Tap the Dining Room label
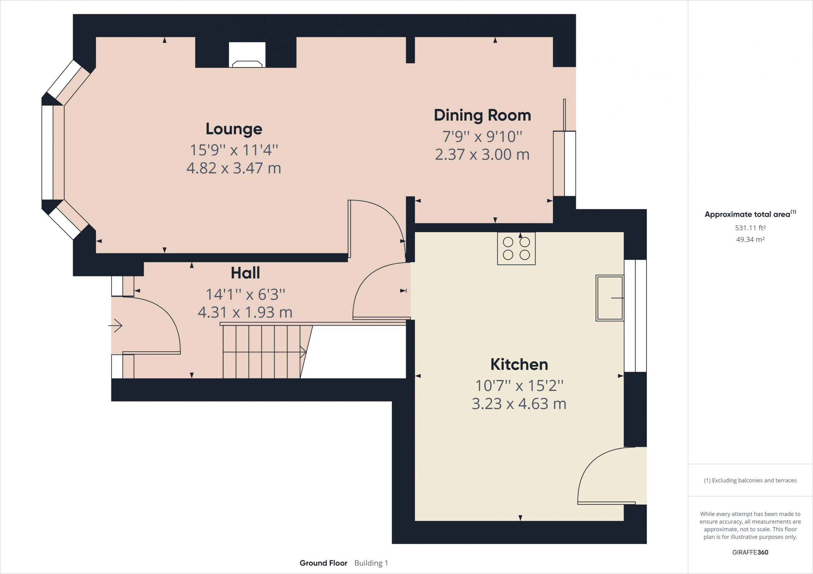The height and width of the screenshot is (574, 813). coord(482,115)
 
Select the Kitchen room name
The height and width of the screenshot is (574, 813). coord(519,364)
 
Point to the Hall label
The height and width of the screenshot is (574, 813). coord(245,273)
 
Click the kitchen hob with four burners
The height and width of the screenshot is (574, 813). coord(516,248)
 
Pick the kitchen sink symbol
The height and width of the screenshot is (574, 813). coord(610,298)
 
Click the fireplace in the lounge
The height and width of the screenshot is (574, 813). coord(247,55)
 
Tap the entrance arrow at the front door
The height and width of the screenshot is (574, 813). coord(115,325)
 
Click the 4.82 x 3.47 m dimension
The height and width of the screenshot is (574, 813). coord(234,168)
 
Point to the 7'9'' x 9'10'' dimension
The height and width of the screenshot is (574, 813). coord(482,136)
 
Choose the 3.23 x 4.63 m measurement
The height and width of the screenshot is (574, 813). coord(519,403)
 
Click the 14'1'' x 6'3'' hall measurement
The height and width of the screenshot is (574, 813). coord(245,294)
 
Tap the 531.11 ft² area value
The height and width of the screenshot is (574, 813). coord(750,228)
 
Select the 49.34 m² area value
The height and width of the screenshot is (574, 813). coord(750,239)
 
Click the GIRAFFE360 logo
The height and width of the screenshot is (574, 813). coord(750,552)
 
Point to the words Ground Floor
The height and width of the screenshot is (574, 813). coord(323,563)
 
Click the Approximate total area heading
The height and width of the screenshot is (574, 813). coord(750,214)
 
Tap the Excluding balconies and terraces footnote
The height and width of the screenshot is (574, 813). coord(750,480)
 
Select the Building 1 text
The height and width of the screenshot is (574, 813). coord(371,563)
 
